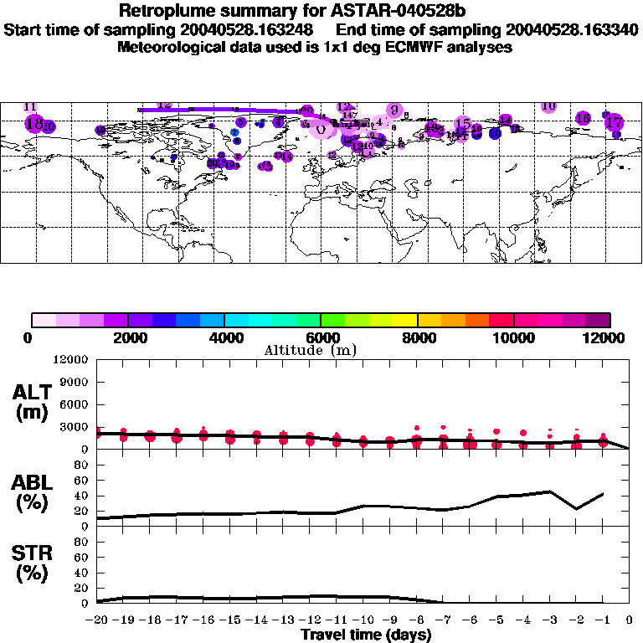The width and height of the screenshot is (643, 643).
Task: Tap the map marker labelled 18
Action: tap(34, 123)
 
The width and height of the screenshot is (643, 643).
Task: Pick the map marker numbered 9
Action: tap(393, 110)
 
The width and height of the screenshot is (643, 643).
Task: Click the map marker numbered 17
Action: tap(614, 121)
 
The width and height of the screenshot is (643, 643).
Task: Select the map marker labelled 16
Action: tap(584, 118)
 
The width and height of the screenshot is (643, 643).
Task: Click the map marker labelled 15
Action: tap(462, 125)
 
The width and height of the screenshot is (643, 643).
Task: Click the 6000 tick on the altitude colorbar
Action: tap(321, 337)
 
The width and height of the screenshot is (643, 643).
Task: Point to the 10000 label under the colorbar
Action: tap(514, 337)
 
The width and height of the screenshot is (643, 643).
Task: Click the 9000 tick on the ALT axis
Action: tap(76, 382)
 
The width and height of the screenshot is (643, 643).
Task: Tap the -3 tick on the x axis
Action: tap(549, 621)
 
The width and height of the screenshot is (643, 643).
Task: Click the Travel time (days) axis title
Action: tap(366, 635)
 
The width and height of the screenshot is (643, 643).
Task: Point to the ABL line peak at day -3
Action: tap(549, 491)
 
